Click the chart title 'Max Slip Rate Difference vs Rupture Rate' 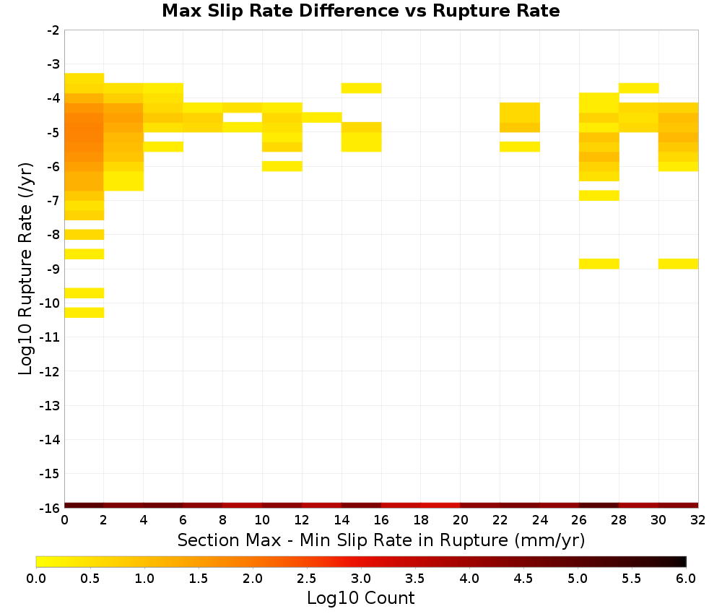(360, 11)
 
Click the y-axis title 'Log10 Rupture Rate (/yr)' (25, 269)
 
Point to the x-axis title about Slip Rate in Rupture (380, 540)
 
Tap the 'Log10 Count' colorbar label (360, 598)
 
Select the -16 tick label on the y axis (49, 508)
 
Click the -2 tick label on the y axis (53, 30)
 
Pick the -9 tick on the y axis (53, 269)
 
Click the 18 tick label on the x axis (421, 520)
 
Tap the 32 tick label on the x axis (698, 520)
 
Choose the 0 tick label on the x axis (64, 520)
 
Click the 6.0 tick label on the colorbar (686, 579)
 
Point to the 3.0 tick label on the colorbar (361, 579)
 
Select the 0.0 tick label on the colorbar (36, 579)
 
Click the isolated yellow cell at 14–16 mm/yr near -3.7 (362, 88)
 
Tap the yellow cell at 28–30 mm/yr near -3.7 (639, 88)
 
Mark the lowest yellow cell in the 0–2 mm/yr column (84, 312)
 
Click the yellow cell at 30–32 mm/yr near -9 (678, 264)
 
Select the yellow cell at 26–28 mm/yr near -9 (599, 264)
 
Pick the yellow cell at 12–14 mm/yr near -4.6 (322, 117)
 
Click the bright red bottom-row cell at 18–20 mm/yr (440, 506)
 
